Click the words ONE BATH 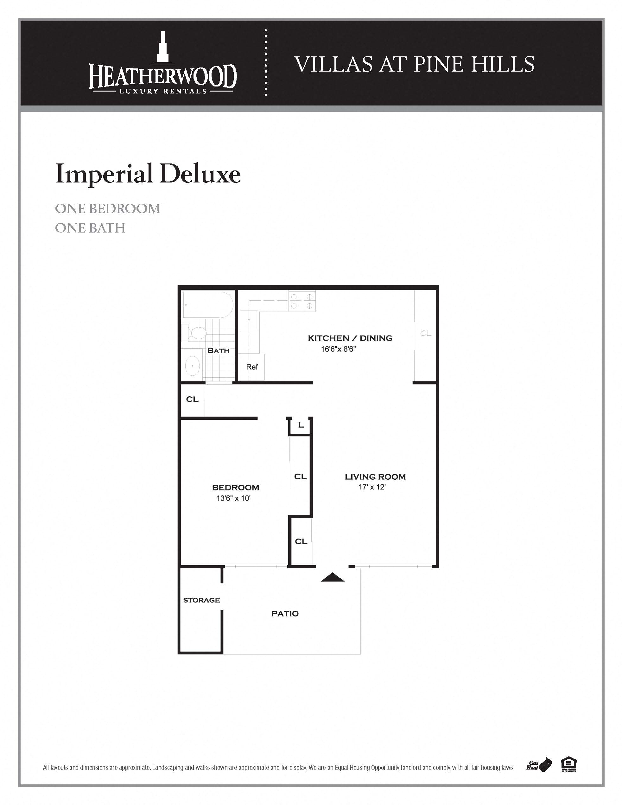tap(90, 228)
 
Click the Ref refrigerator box tap(252, 367)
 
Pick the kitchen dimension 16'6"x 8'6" tap(338, 349)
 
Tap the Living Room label tap(375, 476)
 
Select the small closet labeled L tap(301, 426)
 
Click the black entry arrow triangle tap(332, 577)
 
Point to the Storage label tap(201, 600)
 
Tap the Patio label tap(285, 614)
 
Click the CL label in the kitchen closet tap(426, 333)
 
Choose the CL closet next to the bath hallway tap(192, 399)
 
